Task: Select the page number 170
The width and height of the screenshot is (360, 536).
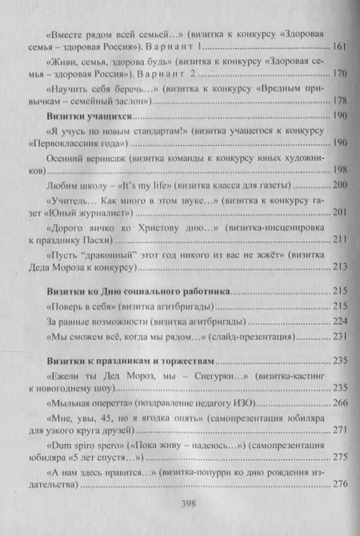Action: (x=339, y=76)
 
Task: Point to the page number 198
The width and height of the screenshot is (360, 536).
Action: (x=339, y=170)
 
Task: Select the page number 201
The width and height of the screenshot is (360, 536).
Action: (x=339, y=213)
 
